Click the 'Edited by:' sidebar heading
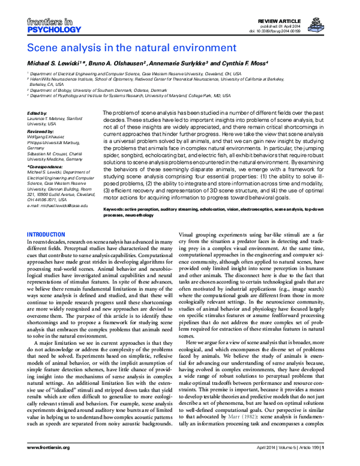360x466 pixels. (x=38, y=113)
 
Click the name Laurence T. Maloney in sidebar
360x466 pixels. (x=53, y=118)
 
